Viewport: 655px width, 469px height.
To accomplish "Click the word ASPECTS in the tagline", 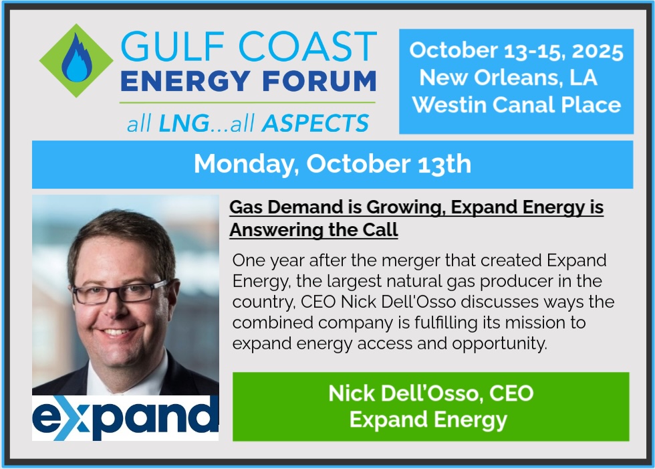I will tap(315, 123).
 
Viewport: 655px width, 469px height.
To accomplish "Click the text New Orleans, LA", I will tap(508, 78).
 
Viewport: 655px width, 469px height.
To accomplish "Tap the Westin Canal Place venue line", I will tap(516, 104).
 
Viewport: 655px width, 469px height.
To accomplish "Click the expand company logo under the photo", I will tap(126, 418).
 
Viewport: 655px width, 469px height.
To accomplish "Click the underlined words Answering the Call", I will tap(313, 230).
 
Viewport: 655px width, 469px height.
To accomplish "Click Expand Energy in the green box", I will tap(428, 420).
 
